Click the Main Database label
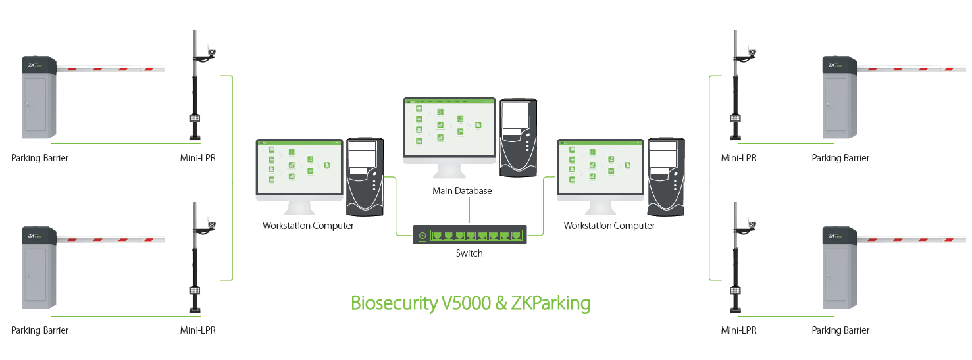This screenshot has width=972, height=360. (x=462, y=191)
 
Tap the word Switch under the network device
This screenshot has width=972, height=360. (x=469, y=253)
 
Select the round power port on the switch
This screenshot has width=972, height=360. (x=422, y=235)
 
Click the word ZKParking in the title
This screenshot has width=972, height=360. (x=551, y=303)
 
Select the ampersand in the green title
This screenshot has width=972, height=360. (x=500, y=303)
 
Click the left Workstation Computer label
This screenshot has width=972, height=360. (x=308, y=226)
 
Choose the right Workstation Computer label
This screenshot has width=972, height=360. (x=609, y=226)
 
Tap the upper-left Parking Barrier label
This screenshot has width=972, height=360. (x=39, y=158)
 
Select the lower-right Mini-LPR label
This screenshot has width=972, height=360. (x=738, y=330)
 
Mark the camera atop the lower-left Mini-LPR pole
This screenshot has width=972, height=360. (x=212, y=224)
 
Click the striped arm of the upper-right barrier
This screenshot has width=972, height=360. (x=915, y=68)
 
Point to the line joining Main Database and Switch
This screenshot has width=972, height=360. (x=469, y=211)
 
